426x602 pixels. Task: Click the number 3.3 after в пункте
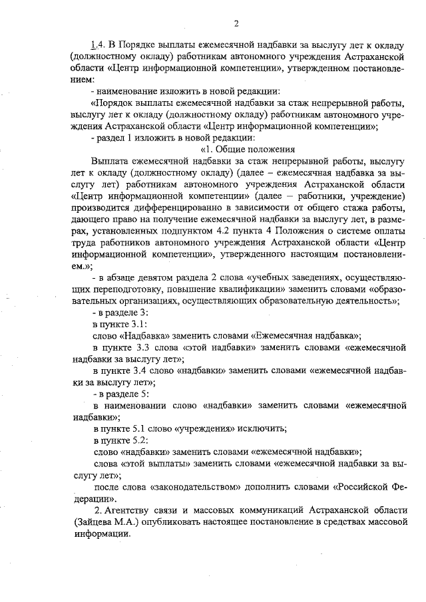pos(137,347)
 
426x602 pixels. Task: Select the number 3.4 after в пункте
pos(137,371)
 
